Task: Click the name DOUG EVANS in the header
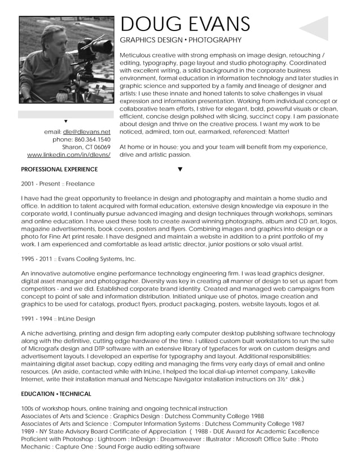[185, 24]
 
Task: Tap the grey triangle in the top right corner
[315, 28]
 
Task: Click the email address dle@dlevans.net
[86, 132]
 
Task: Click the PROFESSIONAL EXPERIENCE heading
[59, 169]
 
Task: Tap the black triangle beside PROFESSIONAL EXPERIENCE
[180, 169]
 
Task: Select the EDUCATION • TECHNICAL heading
[56, 394]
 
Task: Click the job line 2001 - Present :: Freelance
[58, 184]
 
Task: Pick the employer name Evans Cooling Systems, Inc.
[98, 259]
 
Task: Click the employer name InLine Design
[76, 319]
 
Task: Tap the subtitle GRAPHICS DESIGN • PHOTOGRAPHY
[181, 41]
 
